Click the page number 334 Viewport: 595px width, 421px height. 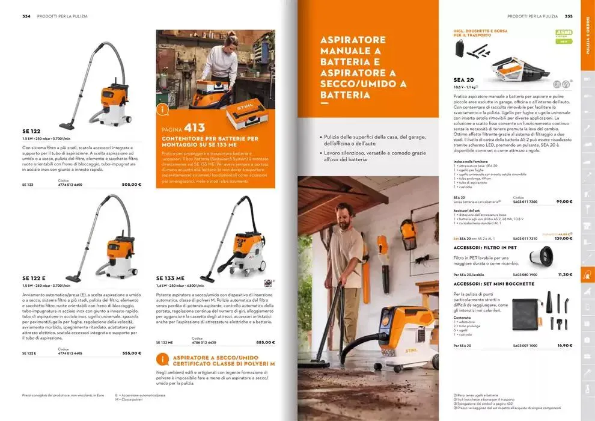26,16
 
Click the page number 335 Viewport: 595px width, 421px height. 568,16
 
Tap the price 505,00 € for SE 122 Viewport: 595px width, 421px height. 131,184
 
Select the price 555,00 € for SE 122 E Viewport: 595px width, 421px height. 131,353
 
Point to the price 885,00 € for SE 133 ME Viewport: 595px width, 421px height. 265,342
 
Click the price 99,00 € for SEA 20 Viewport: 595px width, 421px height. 564,201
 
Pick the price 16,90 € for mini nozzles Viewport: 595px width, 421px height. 564,345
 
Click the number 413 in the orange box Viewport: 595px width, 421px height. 195,128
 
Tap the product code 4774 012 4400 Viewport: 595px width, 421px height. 70,184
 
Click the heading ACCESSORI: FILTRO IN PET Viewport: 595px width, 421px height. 485,247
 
